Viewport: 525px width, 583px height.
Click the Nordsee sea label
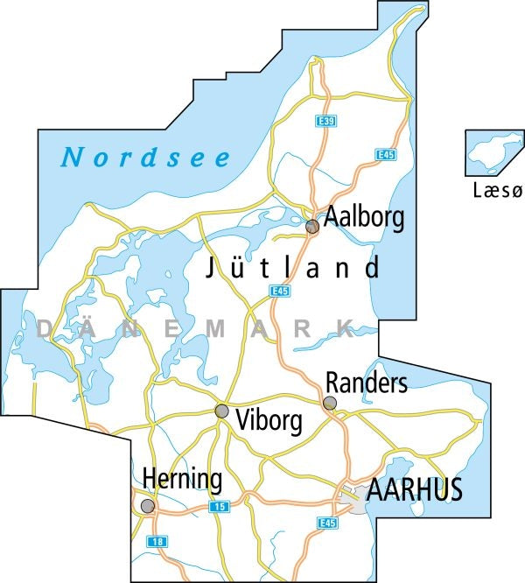[146, 158]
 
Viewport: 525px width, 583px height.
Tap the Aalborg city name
[364, 217]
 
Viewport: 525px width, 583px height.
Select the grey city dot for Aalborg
[311, 227]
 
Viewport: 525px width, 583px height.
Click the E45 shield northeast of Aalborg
[383, 154]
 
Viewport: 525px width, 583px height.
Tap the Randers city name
[366, 383]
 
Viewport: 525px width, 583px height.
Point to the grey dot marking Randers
[329, 404]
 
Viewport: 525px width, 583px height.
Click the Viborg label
[269, 422]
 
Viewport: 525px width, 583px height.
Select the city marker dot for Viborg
[222, 411]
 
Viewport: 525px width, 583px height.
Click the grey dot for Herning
[148, 506]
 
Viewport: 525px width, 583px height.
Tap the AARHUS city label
[414, 491]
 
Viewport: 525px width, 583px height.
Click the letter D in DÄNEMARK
[45, 329]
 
